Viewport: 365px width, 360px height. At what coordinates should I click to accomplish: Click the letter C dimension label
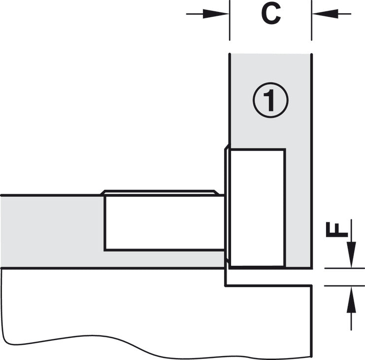pos(271,14)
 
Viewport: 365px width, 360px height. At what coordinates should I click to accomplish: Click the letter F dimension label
pos(337,229)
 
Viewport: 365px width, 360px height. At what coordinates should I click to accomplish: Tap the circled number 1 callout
pos(270,100)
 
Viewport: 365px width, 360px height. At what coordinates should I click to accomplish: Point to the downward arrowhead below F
pos(351,254)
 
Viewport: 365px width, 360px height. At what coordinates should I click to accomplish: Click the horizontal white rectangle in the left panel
pos(164,222)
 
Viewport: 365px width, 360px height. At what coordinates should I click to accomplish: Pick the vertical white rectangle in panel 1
pos(258,208)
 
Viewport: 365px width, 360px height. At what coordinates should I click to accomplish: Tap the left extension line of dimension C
pos(230,20)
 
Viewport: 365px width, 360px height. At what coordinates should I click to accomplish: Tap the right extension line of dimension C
pos(311,20)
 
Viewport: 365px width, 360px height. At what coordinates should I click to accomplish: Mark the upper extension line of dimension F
pos(344,268)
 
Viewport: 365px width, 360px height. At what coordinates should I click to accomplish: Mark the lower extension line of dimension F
pos(344,286)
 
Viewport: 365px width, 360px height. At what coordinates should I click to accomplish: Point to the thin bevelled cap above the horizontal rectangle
pos(160,192)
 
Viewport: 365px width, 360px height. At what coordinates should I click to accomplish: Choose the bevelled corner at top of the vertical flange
pos(227,146)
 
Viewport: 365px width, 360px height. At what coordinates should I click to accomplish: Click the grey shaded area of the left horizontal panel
pos(52,232)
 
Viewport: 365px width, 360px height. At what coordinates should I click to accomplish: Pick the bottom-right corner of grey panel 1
pos(311,268)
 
